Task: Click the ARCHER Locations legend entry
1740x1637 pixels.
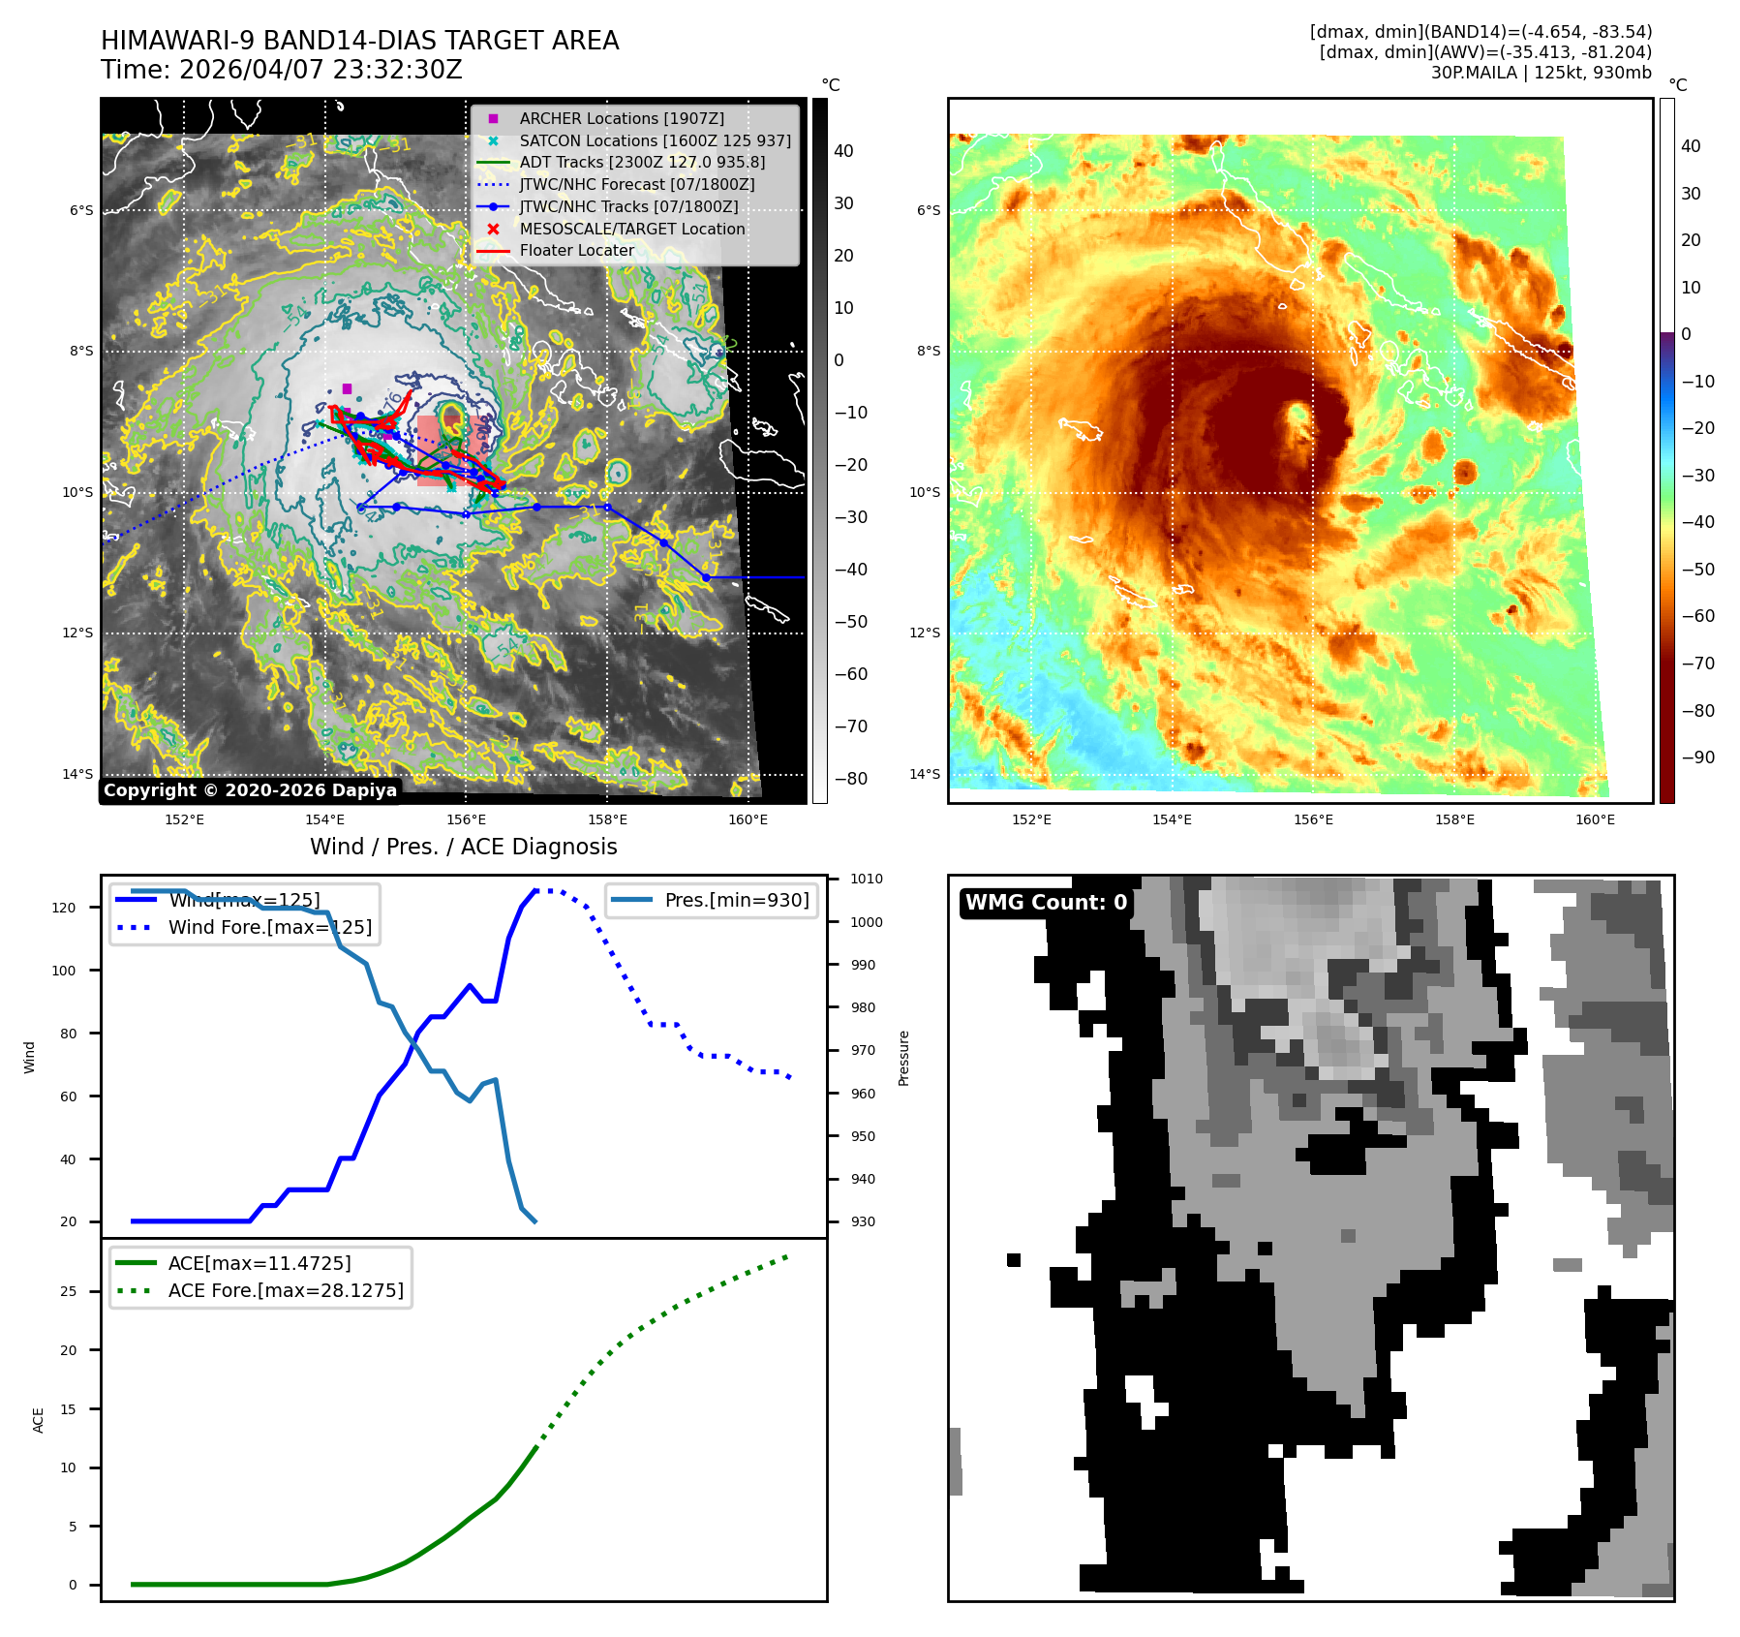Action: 621,118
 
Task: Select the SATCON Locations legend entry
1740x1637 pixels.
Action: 655,140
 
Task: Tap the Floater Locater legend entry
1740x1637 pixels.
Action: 576,250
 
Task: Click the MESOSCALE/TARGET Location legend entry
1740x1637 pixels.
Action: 631,229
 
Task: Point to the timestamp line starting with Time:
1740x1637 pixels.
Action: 282,70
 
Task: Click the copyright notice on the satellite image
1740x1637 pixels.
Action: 250,789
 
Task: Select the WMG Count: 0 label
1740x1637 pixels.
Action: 1046,902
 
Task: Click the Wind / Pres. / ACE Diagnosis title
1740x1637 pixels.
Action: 463,847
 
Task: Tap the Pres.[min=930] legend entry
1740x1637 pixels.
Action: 736,900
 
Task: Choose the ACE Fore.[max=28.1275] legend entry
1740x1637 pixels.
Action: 286,1290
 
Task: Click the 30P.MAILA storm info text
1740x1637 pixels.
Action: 1541,72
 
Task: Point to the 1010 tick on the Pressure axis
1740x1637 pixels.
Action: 866,879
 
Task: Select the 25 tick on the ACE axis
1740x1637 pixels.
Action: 68,1291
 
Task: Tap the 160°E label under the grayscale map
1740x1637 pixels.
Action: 748,819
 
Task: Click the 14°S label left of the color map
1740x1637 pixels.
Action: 924,773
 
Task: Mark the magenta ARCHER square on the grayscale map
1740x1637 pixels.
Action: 347,389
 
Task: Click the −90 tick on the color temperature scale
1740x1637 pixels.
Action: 1697,757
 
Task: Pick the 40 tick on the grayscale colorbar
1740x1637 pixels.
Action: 843,150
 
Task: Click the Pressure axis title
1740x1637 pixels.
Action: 903,1058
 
